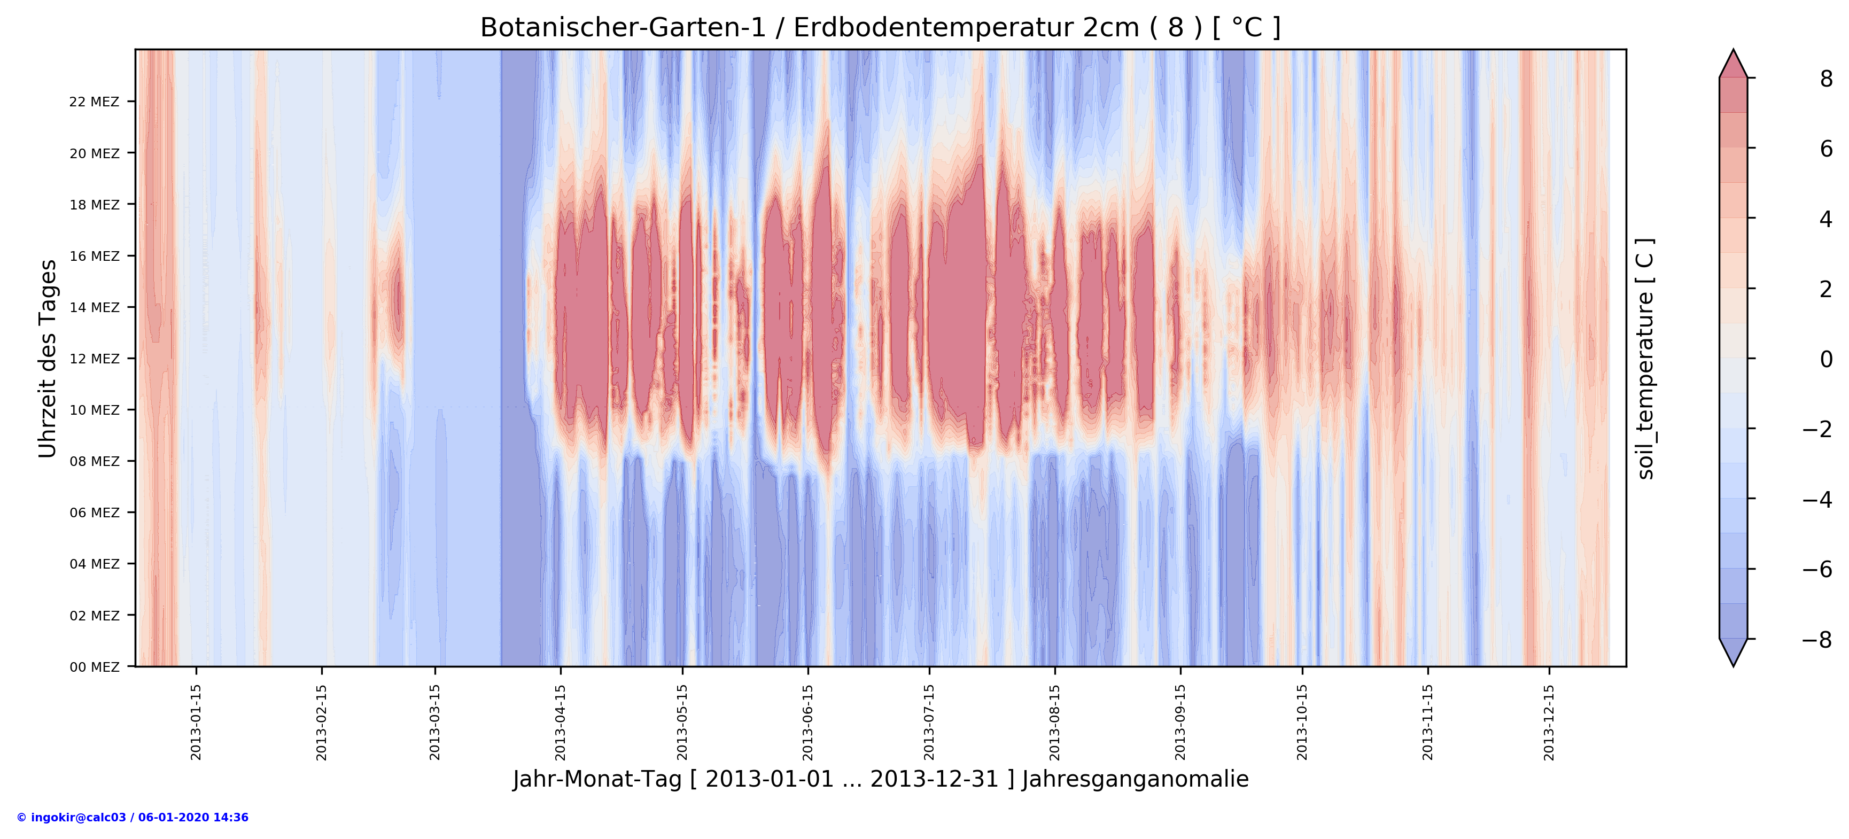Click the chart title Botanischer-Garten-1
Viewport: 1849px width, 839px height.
[x=880, y=28]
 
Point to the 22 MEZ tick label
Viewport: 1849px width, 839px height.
[x=94, y=102]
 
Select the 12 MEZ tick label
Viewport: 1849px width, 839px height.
[x=94, y=359]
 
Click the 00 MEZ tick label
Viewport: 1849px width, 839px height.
[x=94, y=667]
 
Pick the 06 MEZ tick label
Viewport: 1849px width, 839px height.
[x=94, y=512]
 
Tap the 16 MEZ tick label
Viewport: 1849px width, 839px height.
[x=94, y=256]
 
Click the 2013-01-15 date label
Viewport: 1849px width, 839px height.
[x=196, y=722]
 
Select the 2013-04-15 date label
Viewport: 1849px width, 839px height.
[x=561, y=722]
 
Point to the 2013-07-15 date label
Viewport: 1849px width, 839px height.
[x=929, y=722]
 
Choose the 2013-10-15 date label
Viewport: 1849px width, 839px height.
[x=1302, y=722]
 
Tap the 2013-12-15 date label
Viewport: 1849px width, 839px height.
[x=1549, y=722]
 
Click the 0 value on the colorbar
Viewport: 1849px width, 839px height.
[x=1826, y=359]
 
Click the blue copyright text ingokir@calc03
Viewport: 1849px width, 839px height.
[x=133, y=818]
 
